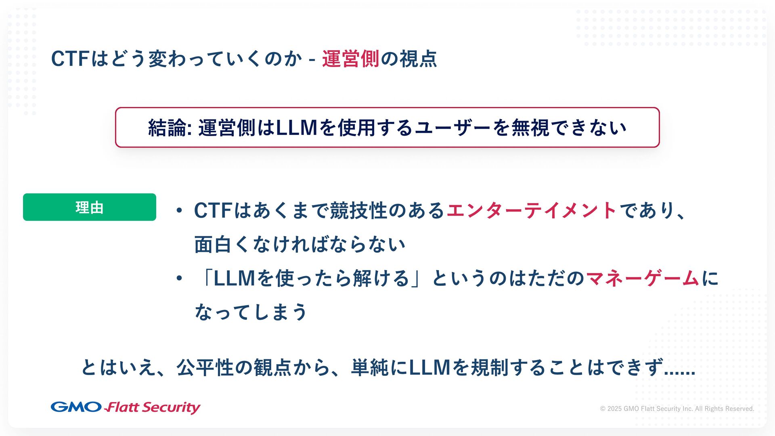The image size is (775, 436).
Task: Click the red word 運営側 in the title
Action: coord(350,59)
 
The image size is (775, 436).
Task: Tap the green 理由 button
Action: coord(90,207)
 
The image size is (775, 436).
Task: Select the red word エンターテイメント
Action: coord(531,210)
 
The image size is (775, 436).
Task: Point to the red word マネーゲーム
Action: coord(642,278)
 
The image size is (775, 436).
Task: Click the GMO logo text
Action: coord(76,407)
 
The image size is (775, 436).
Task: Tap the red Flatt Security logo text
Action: coord(153,407)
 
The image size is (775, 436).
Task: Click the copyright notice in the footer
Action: coord(677,409)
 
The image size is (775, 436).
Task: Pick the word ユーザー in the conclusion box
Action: coord(453,128)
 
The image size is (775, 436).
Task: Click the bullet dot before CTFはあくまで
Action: coord(179,210)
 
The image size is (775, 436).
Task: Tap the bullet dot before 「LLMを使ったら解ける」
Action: coord(179,278)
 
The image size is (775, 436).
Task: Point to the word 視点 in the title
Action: coord(418,59)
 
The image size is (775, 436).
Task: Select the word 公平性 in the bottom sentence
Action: coord(205,367)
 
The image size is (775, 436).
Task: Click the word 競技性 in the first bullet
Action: coord(358,210)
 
